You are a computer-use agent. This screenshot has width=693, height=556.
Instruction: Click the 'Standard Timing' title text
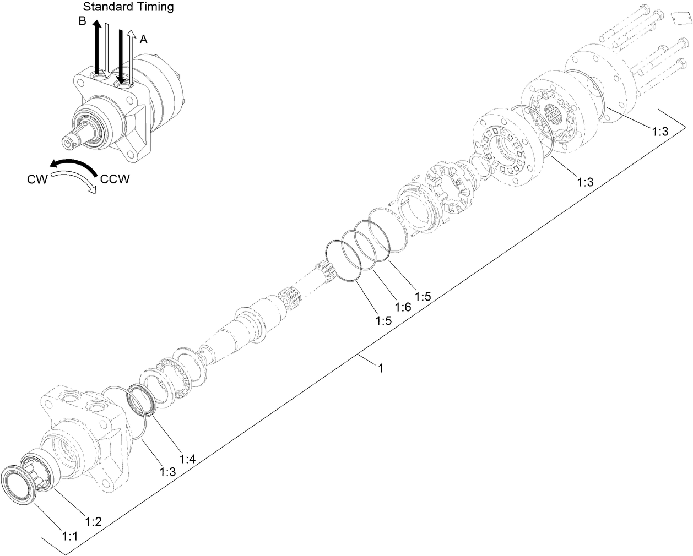click(x=128, y=7)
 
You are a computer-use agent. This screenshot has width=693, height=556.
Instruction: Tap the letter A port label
click(x=143, y=39)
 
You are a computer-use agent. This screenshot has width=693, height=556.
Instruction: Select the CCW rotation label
click(x=115, y=179)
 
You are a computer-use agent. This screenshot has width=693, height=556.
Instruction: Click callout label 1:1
click(x=69, y=536)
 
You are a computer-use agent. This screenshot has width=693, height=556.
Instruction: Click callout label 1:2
click(x=93, y=520)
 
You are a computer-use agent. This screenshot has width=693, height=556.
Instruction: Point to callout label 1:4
click(x=187, y=457)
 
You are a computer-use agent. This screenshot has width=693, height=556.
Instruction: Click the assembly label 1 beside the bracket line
click(x=380, y=367)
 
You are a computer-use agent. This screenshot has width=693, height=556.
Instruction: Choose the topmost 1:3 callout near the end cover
click(x=660, y=132)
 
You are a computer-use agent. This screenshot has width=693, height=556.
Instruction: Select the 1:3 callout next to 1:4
click(x=168, y=471)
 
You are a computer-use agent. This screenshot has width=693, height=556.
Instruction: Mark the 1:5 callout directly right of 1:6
click(x=423, y=297)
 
